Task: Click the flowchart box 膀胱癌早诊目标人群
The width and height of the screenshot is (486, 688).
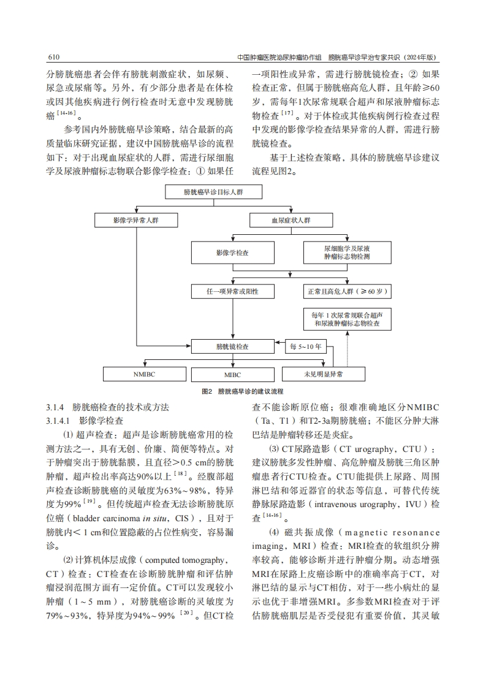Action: [x=214, y=193]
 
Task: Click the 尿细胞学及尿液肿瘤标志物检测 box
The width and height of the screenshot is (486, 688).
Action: [x=346, y=253]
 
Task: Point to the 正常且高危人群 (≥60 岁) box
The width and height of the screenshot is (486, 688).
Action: [x=346, y=291]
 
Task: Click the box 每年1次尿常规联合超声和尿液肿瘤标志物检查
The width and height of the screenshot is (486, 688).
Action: [x=346, y=318]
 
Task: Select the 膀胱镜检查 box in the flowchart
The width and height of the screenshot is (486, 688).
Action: [x=232, y=346]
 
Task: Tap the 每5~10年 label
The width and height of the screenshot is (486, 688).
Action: [x=306, y=346]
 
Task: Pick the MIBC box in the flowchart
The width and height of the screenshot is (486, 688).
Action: [x=232, y=373]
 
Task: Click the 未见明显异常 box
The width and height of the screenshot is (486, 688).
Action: [x=323, y=373]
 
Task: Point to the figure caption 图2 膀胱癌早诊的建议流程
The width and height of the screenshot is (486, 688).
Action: [x=242, y=391]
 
